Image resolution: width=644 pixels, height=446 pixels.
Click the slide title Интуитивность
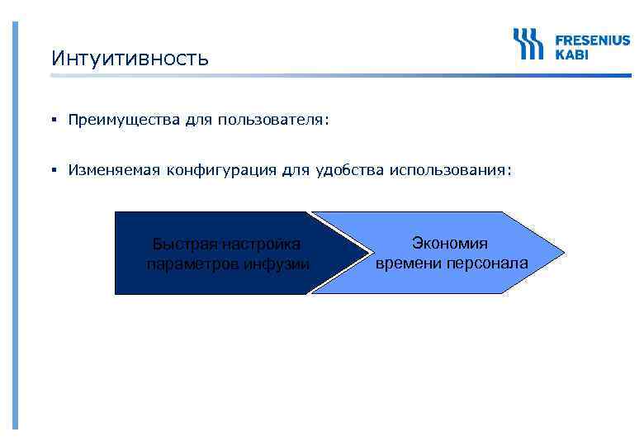[130, 59]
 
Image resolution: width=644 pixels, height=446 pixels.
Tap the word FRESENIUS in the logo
[591, 40]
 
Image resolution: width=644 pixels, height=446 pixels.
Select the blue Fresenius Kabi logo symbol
[528, 44]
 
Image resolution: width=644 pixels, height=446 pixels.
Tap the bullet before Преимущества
[52, 121]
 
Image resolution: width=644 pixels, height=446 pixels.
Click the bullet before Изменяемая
[52, 170]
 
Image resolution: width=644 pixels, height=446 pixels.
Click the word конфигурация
[220, 170]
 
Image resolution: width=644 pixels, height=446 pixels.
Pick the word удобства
[350, 170]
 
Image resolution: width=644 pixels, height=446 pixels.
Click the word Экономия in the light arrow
[450, 243]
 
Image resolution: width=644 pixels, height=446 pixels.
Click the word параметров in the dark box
[194, 264]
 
